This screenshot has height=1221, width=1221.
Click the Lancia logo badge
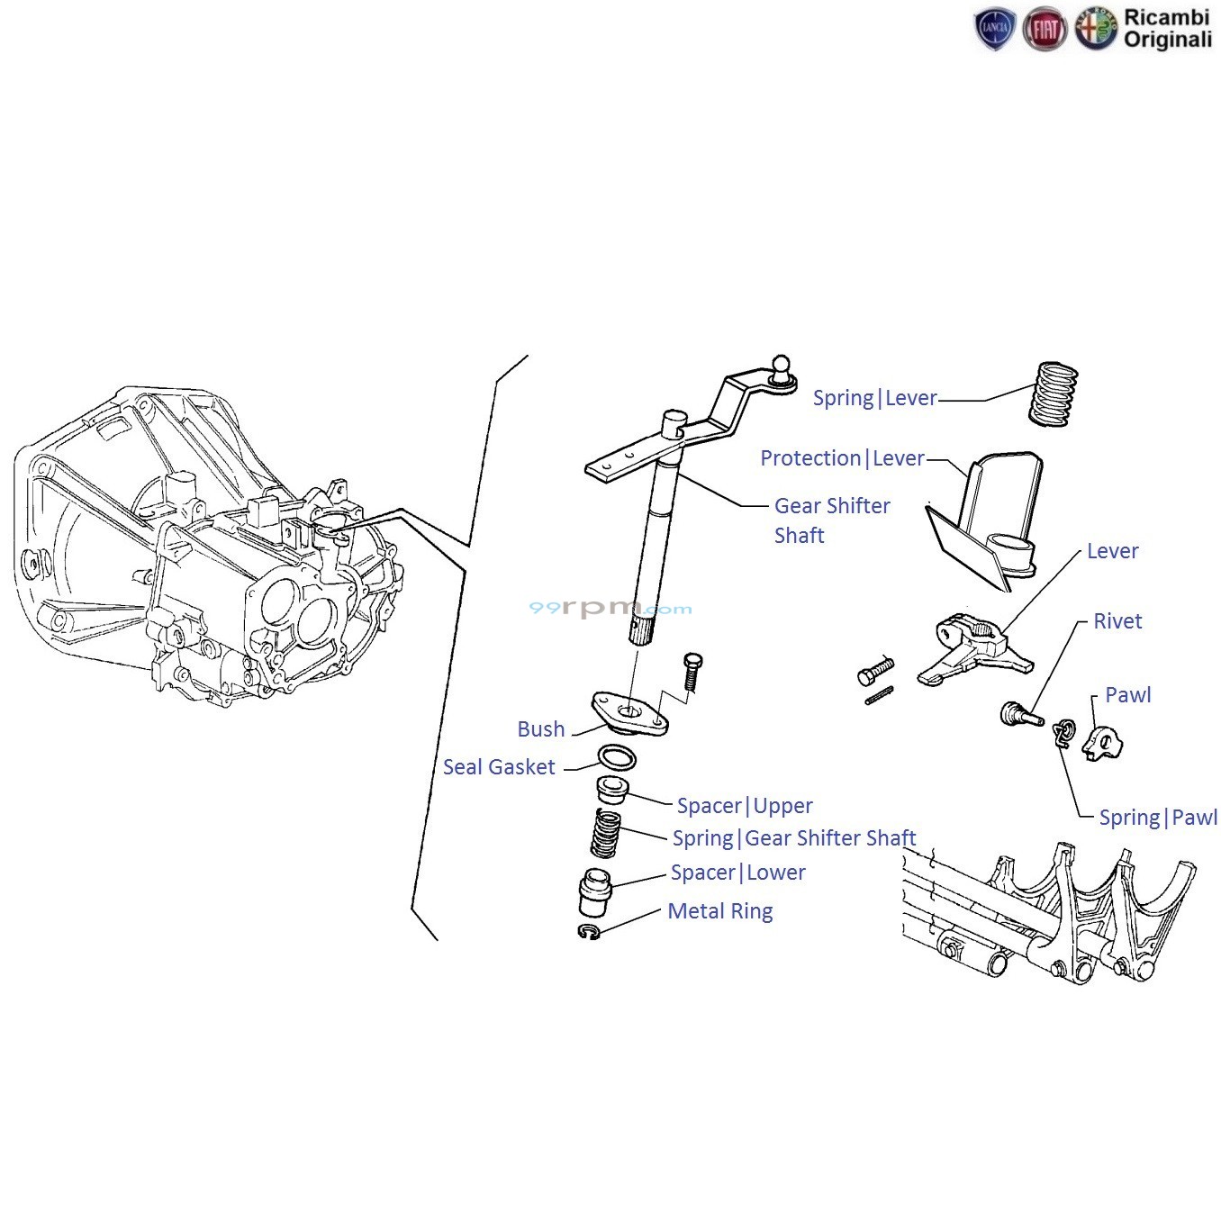click(x=995, y=30)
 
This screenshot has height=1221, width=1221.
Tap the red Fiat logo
click(x=1045, y=30)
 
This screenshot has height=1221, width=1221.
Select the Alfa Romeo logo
click(x=1095, y=30)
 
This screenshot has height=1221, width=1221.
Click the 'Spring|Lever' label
click(x=874, y=398)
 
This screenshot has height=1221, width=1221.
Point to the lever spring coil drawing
click(x=1053, y=393)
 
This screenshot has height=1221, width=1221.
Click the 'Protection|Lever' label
click(x=842, y=458)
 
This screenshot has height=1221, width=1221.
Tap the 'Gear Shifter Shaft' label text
click(x=831, y=520)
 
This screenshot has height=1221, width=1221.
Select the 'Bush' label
click(x=540, y=729)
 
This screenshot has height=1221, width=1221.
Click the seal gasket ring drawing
click(x=617, y=757)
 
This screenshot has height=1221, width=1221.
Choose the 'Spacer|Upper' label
click(x=745, y=806)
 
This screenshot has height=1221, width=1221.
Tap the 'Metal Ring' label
click(x=719, y=911)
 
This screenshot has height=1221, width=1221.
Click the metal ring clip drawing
click(x=590, y=932)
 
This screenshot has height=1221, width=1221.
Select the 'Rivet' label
click(x=1117, y=621)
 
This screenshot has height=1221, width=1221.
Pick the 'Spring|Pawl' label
click(x=1157, y=818)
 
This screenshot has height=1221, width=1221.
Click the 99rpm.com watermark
click(x=610, y=609)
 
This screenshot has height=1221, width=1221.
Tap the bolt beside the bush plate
click(x=692, y=672)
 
